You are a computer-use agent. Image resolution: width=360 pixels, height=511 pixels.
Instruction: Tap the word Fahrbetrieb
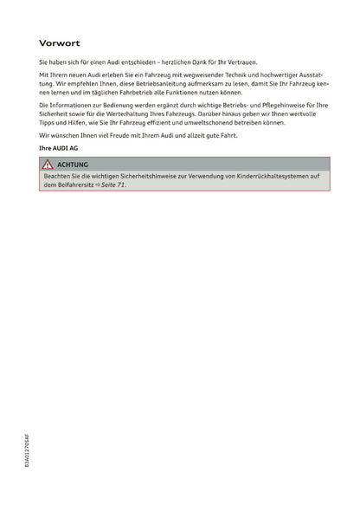(145, 93)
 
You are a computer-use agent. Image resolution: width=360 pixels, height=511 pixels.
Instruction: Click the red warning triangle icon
(48, 164)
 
